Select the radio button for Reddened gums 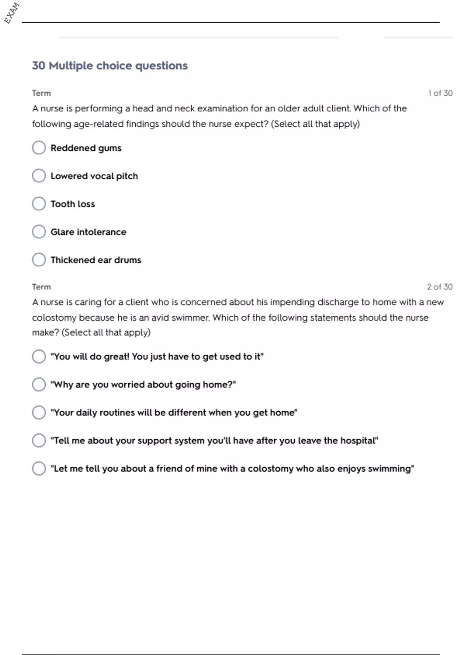point(39,148)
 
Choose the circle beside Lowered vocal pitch point(39,176)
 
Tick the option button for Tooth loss point(39,204)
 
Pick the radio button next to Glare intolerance point(39,232)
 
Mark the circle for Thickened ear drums point(39,260)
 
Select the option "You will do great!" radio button point(39,356)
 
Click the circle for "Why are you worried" point(39,385)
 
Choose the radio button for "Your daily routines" point(39,412)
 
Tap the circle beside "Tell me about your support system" point(39,440)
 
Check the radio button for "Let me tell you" point(39,469)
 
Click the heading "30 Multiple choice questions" point(110,65)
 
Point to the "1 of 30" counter point(440,93)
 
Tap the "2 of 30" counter point(440,287)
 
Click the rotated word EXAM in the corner point(12,13)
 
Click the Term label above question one point(41,93)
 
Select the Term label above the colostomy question point(41,287)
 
